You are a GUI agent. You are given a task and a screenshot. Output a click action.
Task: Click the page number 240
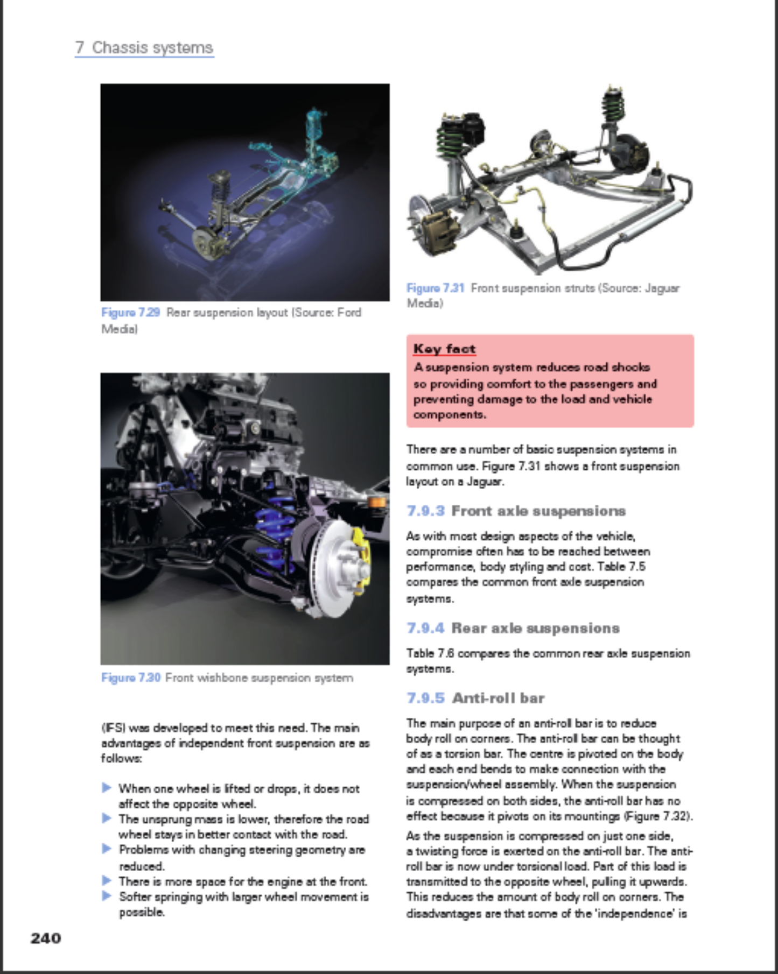(46, 938)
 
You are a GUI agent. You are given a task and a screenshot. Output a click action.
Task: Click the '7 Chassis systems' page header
(144, 47)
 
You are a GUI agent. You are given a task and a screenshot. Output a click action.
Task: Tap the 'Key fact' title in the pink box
(444, 349)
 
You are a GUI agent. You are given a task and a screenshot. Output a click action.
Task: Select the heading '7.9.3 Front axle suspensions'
(516, 511)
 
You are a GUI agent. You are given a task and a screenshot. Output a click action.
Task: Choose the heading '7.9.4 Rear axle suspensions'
(513, 628)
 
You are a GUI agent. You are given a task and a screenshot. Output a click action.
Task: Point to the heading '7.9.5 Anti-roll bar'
(475, 698)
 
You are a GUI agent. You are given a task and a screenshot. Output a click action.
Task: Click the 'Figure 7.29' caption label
(130, 313)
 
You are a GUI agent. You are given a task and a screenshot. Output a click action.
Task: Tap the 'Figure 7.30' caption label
(130, 677)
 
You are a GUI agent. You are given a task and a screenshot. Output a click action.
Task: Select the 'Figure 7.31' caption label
(435, 288)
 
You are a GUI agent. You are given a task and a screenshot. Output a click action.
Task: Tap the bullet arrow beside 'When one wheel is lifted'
(107, 788)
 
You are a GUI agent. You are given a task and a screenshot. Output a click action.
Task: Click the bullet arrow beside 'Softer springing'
(107, 896)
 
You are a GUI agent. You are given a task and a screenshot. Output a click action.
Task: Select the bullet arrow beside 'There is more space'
(107, 881)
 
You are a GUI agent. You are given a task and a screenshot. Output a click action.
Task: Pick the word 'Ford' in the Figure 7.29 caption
(349, 313)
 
